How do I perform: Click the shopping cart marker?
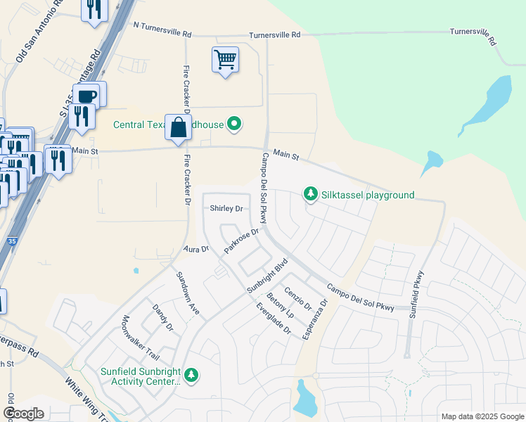[x=225, y=60]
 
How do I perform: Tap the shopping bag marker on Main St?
[x=179, y=128]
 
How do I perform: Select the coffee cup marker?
[x=88, y=96]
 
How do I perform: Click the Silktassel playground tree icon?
[x=310, y=194]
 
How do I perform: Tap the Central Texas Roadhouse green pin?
[x=234, y=125]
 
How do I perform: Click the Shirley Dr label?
[x=226, y=209]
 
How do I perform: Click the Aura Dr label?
[x=196, y=249]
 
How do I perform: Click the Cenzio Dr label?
[x=297, y=299]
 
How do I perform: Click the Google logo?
[x=23, y=414]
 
